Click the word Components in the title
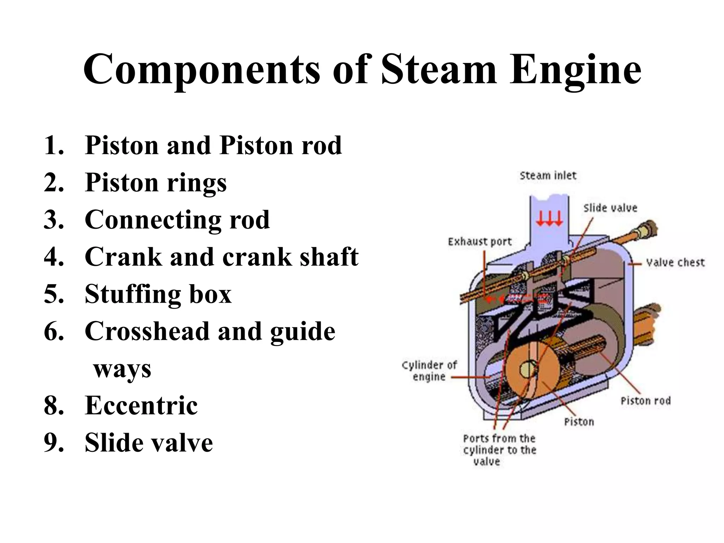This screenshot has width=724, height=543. click(x=202, y=70)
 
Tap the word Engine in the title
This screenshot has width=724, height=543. click(x=575, y=70)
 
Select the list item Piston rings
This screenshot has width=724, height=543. click(x=156, y=183)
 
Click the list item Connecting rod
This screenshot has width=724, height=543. click(x=177, y=220)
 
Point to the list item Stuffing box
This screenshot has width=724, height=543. click(x=158, y=294)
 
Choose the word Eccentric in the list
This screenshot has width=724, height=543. click(x=141, y=405)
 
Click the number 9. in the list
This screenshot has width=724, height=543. click(x=54, y=443)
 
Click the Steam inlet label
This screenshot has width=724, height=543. click(x=548, y=176)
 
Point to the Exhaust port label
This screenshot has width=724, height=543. click(x=479, y=242)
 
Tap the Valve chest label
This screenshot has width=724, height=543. click(x=675, y=263)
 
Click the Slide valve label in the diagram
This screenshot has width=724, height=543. click(x=610, y=208)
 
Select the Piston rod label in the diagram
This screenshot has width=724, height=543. click(x=646, y=401)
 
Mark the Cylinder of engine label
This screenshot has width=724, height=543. click(x=429, y=371)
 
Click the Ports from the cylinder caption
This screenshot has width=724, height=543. click(x=499, y=450)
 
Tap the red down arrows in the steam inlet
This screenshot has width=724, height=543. click(x=549, y=219)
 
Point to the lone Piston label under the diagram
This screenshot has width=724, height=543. click(x=579, y=422)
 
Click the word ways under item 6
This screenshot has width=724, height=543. click(x=122, y=369)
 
